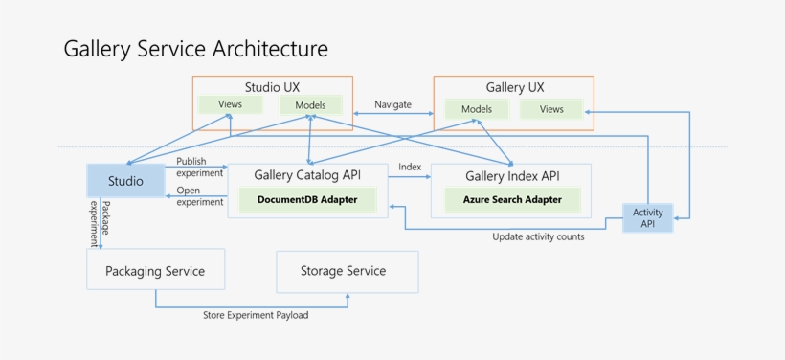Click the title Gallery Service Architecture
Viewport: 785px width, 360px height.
tap(195, 49)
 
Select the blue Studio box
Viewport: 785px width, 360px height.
tap(125, 181)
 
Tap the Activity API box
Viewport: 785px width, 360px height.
tap(648, 217)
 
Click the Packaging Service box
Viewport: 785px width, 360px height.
tap(155, 271)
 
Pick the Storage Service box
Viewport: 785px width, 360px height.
tap(343, 271)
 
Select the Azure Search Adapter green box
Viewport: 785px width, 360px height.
tap(512, 200)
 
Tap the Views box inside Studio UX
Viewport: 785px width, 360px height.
tap(230, 105)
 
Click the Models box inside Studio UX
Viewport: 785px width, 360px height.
tap(310, 105)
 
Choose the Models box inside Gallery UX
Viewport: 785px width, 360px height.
tap(476, 109)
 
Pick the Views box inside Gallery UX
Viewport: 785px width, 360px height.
tap(551, 109)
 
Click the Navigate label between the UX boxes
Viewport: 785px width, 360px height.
tap(392, 104)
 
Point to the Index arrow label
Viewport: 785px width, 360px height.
tap(410, 168)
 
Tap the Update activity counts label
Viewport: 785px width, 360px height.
tap(538, 236)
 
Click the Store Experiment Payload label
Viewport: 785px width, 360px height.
tap(256, 315)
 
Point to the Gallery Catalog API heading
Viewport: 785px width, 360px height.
tap(306, 175)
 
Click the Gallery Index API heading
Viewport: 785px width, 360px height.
tap(511, 176)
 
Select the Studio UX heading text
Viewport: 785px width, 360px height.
tap(272, 87)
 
